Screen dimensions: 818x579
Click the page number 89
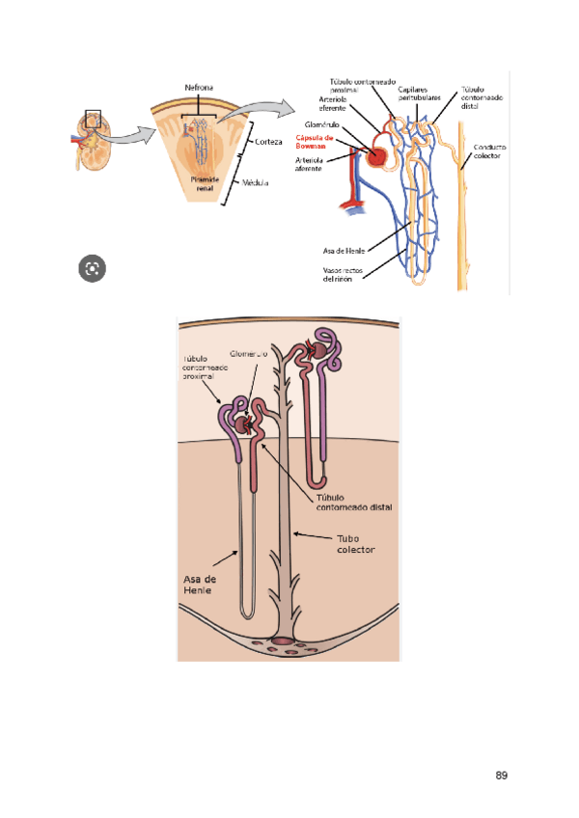pyautogui.click(x=501, y=775)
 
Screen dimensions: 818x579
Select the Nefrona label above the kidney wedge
pyautogui.click(x=202, y=88)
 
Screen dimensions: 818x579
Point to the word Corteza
pyautogui.click(x=269, y=142)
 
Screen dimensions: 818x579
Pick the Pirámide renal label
pyautogui.click(x=204, y=184)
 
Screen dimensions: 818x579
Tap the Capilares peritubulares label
pyautogui.click(x=420, y=95)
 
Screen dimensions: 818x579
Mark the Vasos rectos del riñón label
pyautogui.click(x=345, y=275)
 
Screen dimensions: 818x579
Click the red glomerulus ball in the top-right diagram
pyautogui.click(x=376, y=154)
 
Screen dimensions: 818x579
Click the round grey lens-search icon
pyautogui.click(x=94, y=269)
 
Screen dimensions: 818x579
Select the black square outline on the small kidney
pyautogui.click(x=94, y=119)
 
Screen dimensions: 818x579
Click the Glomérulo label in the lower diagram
pyautogui.click(x=249, y=354)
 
